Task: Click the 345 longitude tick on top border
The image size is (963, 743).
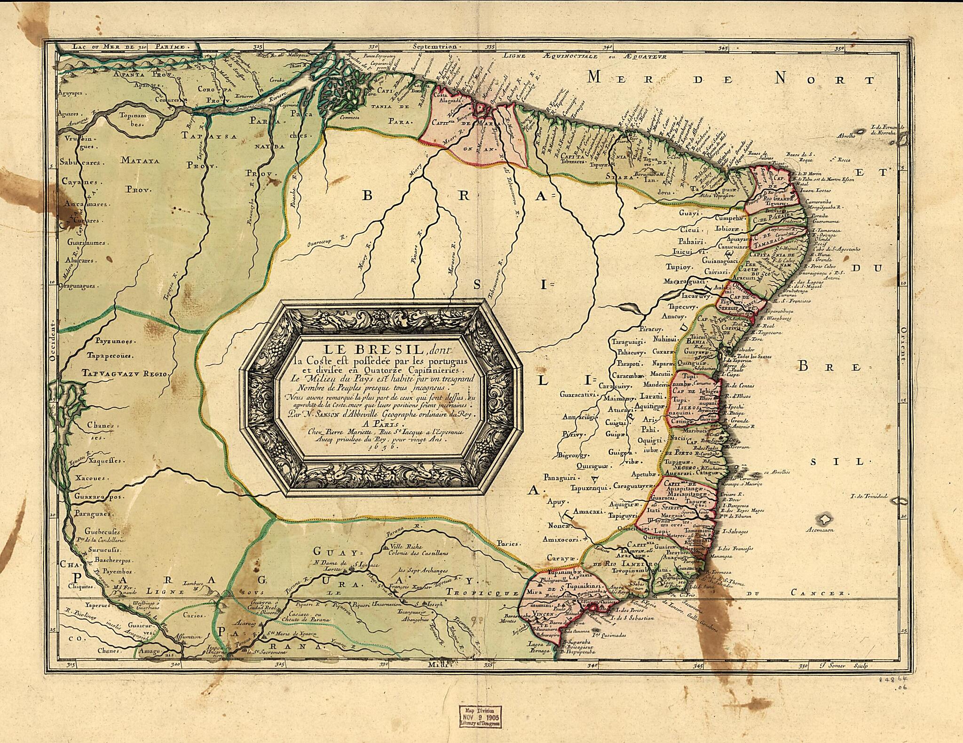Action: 723,48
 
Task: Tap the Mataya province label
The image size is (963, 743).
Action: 141,160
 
